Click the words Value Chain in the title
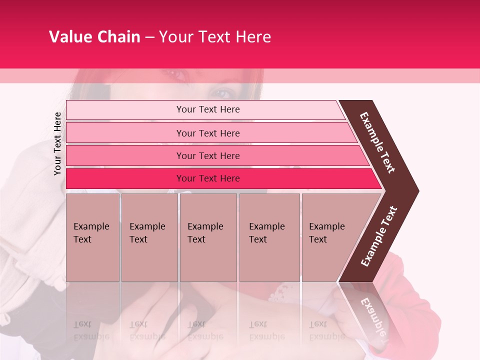click(x=94, y=36)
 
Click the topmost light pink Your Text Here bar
click(x=207, y=109)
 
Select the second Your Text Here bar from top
click(x=207, y=133)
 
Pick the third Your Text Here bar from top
click(x=207, y=155)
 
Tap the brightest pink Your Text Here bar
click(x=207, y=178)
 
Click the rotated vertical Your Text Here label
click(x=57, y=143)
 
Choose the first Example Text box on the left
click(x=92, y=237)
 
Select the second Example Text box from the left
click(x=149, y=237)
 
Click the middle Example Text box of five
click(x=208, y=237)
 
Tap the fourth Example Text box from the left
click(x=269, y=237)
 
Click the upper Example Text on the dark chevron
click(x=378, y=142)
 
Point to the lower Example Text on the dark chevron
click(x=379, y=236)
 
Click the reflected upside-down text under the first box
click(x=91, y=330)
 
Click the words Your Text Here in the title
click(x=215, y=36)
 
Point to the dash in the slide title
click(x=149, y=37)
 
